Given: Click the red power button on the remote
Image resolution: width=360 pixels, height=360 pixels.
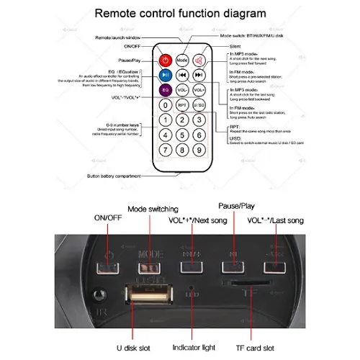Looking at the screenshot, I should (x=164, y=60).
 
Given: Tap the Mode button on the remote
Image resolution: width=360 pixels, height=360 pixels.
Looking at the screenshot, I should (x=182, y=60).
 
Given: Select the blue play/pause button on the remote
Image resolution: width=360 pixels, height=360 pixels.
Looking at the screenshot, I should (x=164, y=75).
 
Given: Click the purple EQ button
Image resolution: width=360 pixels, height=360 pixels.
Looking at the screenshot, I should (x=164, y=89).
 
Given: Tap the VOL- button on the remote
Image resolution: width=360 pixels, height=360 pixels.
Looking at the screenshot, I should (x=182, y=89).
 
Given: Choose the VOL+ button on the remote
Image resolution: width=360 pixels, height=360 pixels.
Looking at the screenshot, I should (x=199, y=89).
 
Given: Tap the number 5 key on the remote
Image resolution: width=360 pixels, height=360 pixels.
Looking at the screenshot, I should (x=182, y=135).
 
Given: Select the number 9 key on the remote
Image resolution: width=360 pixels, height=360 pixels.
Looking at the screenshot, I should (x=199, y=150).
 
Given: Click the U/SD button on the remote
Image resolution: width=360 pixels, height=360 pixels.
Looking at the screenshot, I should (x=199, y=105).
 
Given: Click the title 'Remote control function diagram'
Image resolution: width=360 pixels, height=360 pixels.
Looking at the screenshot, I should (x=181, y=13).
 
